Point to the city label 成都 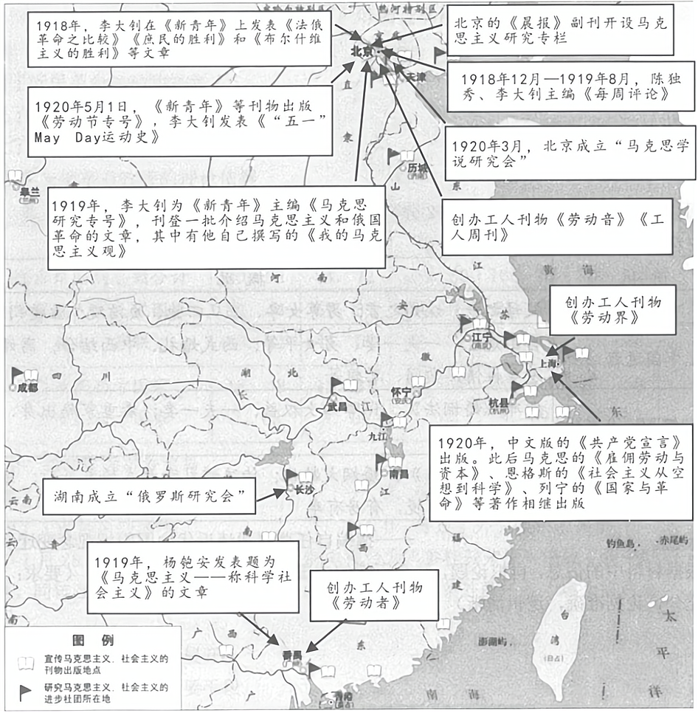click(x=27, y=387)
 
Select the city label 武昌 click(x=337, y=405)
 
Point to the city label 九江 click(x=378, y=435)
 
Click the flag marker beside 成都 click(x=16, y=375)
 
